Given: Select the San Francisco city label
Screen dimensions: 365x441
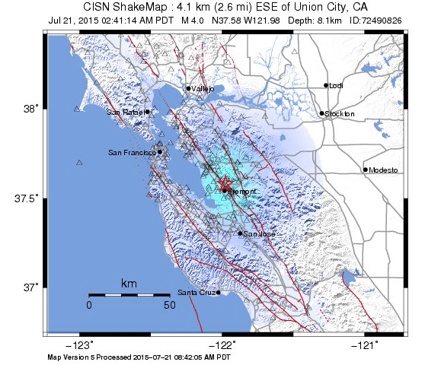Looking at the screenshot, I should [x=133, y=153].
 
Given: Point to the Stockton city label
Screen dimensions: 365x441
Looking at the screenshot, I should [x=340, y=114].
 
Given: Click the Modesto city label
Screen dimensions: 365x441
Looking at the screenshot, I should [x=383, y=170].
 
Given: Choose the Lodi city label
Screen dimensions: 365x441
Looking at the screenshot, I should [x=336, y=86].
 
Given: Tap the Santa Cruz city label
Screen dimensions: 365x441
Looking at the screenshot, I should [x=197, y=292].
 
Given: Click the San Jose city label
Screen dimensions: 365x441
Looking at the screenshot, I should [x=260, y=234].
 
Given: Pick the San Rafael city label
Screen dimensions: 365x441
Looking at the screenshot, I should [x=126, y=113].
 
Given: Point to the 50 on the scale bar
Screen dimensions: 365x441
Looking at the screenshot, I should [x=170, y=306].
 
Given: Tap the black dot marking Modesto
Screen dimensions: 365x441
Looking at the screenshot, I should [x=366, y=170].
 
